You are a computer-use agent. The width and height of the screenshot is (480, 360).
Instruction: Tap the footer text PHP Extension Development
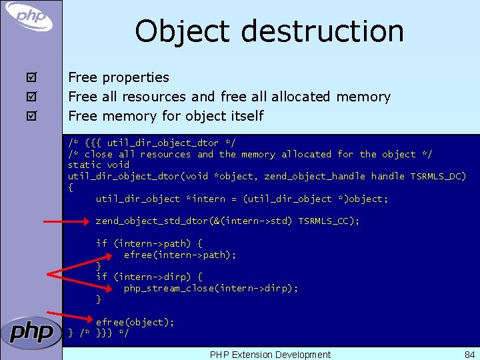(x=270, y=355)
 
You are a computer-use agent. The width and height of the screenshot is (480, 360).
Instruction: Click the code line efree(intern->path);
(x=180, y=255)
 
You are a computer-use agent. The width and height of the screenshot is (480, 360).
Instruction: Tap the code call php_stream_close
(x=167, y=288)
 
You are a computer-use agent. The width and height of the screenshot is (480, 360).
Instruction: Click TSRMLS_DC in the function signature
(x=438, y=176)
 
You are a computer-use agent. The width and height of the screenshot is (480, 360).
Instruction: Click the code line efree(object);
(x=135, y=322)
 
